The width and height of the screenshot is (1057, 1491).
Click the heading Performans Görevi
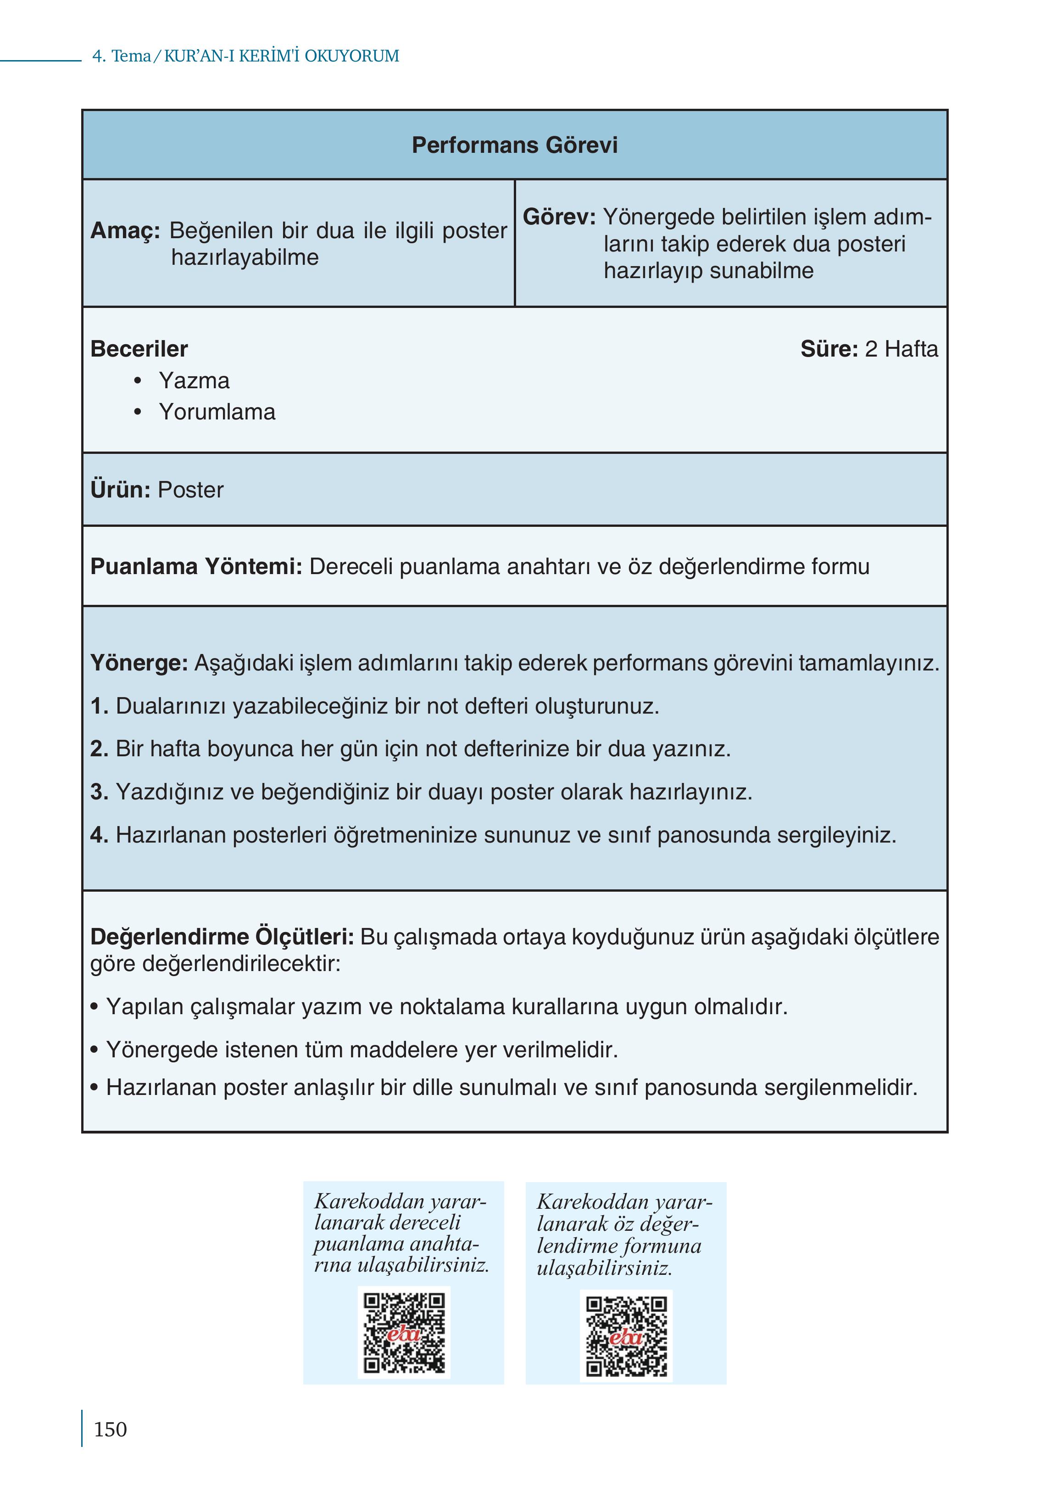click(x=514, y=145)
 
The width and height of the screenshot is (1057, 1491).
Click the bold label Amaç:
click(x=125, y=230)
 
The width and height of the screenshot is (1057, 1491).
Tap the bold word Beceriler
click(x=139, y=349)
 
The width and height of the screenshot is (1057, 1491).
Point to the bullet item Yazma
click(x=194, y=381)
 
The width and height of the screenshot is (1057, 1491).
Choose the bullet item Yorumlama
click(x=217, y=412)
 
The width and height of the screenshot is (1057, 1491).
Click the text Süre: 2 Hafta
click(x=868, y=349)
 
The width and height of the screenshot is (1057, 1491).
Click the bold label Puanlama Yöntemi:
click(x=196, y=566)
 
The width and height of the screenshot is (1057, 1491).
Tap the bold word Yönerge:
click(x=139, y=663)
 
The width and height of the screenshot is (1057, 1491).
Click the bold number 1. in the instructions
click(x=99, y=706)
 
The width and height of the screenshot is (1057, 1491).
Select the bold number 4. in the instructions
click(x=99, y=835)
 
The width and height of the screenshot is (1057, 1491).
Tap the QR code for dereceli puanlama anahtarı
click(x=404, y=1333)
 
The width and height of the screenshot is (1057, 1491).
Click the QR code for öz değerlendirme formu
click(x=626, y=1336)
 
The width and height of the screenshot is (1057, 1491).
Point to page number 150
click(x=110, y=1430)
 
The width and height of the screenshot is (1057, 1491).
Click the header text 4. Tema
click(x=121, y=56)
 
